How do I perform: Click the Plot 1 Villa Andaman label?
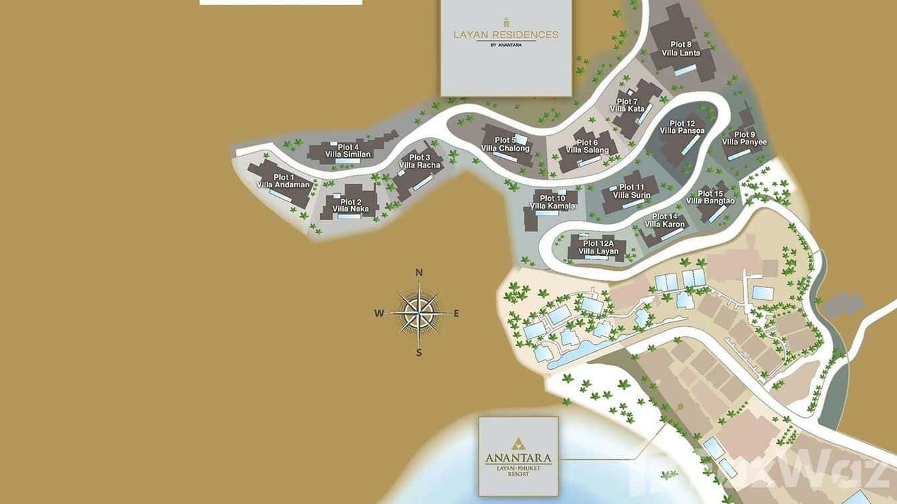(284, 181)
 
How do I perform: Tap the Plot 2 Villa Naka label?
(351, 205)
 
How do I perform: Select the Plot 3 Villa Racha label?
(420, 161)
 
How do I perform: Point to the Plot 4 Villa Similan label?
(348, 151)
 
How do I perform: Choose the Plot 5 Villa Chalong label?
(505, 144)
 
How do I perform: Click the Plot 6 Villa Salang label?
(588, 146)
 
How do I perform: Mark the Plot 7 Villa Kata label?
(627, 105)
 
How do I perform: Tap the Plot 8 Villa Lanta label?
(680, 49)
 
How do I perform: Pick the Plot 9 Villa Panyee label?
(745, 138)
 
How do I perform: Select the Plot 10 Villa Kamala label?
(552, 202)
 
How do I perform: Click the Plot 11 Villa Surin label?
(632, 191)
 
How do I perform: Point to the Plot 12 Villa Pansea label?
(682, 127)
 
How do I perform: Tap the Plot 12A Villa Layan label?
(598, 247)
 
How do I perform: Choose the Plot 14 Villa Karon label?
(664, 221)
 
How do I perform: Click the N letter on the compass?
(419, 272)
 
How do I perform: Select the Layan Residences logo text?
(506, 35)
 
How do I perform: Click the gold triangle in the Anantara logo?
(518, 444)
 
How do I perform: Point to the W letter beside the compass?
(379, 313)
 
